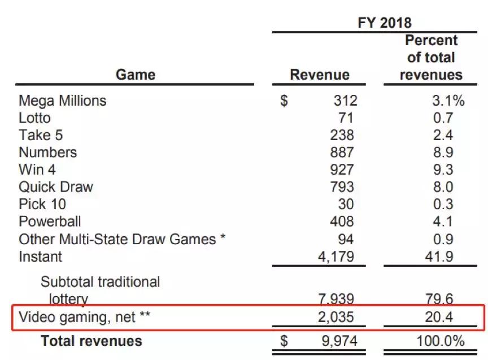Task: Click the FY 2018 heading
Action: point(385,23)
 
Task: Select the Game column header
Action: point(135,75)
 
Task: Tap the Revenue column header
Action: point(320,75)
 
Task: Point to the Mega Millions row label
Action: point(62,101)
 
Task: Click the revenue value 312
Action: point(345,101)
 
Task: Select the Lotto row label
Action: point(34,118)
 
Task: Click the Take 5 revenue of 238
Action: point(342,135)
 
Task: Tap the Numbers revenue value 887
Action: point(342,152)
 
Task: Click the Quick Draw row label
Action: point(55,186)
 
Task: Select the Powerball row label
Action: point(50,221)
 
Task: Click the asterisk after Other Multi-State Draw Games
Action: point(223,237)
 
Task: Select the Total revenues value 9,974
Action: point(337,341)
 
